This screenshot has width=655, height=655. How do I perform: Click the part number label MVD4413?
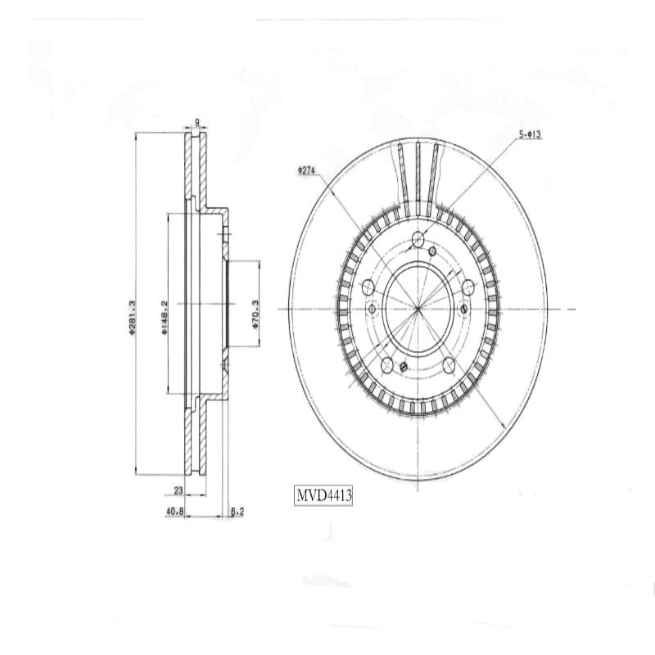pos(323,495)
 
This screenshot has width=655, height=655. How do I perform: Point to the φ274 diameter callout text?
pos(307,170)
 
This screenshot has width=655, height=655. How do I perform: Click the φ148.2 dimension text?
pos(165,316)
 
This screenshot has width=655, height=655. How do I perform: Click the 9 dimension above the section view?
pos(196,124)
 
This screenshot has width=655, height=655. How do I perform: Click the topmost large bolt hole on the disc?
pos(418,239)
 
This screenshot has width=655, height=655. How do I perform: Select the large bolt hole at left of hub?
pos(368,287)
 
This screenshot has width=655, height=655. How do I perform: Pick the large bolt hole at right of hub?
pos(469,287)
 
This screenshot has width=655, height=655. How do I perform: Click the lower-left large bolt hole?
pos(387,364)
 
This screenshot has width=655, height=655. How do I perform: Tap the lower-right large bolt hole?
pos(449,364)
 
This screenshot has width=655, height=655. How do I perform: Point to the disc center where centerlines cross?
pos(418,309)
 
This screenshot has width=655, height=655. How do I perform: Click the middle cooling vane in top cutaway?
pos(418,178)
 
